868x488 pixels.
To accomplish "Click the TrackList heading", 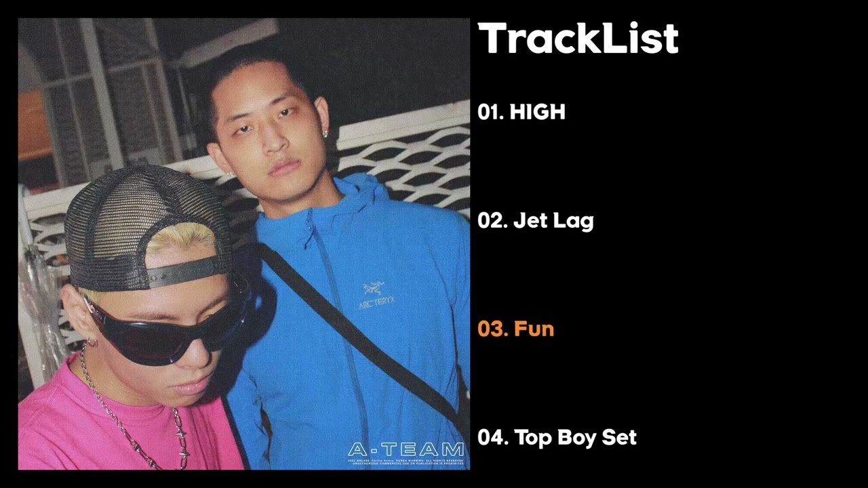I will pyautogui.click(x=578, y=39).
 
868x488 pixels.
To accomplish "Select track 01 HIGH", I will pyautogui.click(x=521, y=112).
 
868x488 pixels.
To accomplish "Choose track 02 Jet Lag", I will pyautogui.click(x=535, y=221).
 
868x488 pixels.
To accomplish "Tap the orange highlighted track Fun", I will pyautogui.click(x=515, y=329).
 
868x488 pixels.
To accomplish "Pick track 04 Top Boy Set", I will pyautogui.click(x=557, y=438).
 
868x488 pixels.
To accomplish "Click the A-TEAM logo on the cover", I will pyautogui.click(x=406, y=449).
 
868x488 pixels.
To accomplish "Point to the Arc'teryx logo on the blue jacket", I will pyautogui.click(x=375, y=295).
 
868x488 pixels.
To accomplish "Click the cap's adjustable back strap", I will pyautogui.click(x=186, y=271).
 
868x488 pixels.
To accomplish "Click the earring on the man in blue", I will pyautogui.click(x=325, y=134).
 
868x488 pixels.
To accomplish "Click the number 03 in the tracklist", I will pyautogui.click(x=492, y=329).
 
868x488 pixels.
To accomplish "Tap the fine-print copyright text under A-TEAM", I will pyautogui.click(x=406, y=463).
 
